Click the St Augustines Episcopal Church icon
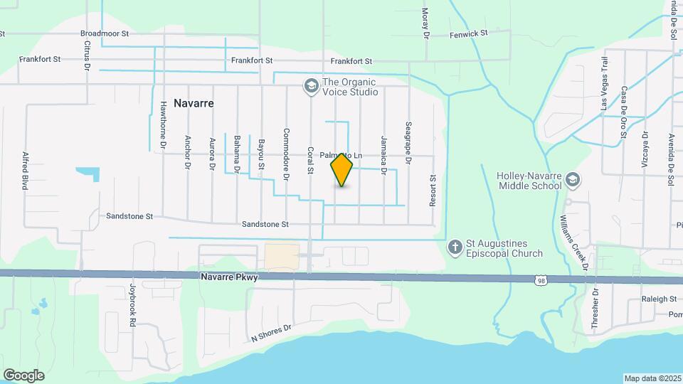click(x=455, y=247)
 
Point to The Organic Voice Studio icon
click(x=310, y=86)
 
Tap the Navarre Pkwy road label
click(x=228, y=277)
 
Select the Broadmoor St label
click(x=104, y=33)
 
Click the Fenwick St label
click(x=468, y=33)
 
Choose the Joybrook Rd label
click(x=132, y=305)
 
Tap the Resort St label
click(x=432, y=191)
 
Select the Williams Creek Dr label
click(x=573, y=241)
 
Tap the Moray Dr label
click(x=426, y=23)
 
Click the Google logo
click(x=23, y=375)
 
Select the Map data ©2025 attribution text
click(x=652, y=378)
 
